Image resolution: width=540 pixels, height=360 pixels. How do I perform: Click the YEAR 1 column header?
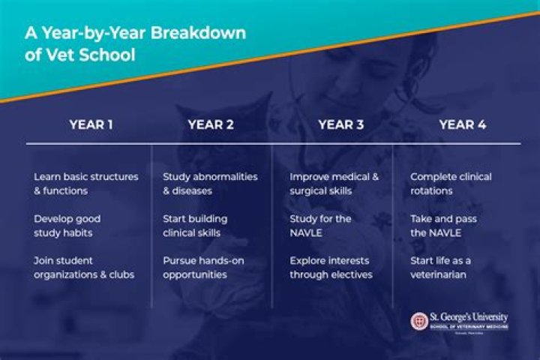pos(91,124)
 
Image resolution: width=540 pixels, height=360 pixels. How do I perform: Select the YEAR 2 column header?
pos(211,124)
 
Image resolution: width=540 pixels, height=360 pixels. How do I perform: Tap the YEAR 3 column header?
pos(340,124)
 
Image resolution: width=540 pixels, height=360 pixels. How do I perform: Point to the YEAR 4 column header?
pos(462,124)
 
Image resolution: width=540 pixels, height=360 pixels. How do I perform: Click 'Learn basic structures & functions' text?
pos(85,184)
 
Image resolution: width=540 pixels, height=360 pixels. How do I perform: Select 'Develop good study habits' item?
pos(67,226)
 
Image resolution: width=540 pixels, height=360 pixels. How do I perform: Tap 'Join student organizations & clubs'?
pos(83,267)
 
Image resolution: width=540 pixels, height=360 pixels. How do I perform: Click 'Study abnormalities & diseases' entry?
pos(209,184)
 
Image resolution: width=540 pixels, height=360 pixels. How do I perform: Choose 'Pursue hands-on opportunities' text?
pos(203,267)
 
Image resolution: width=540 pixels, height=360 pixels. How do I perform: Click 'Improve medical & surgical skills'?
pos(334,184)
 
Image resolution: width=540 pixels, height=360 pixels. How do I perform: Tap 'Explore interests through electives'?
pos(331,267)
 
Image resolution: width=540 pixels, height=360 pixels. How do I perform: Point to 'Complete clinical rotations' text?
pos(451,184)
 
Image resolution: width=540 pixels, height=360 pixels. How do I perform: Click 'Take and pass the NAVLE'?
pos(443,226)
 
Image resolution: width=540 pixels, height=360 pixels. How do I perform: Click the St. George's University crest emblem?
pos(419,321)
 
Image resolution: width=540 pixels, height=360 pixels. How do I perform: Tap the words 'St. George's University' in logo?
pos(469,317)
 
